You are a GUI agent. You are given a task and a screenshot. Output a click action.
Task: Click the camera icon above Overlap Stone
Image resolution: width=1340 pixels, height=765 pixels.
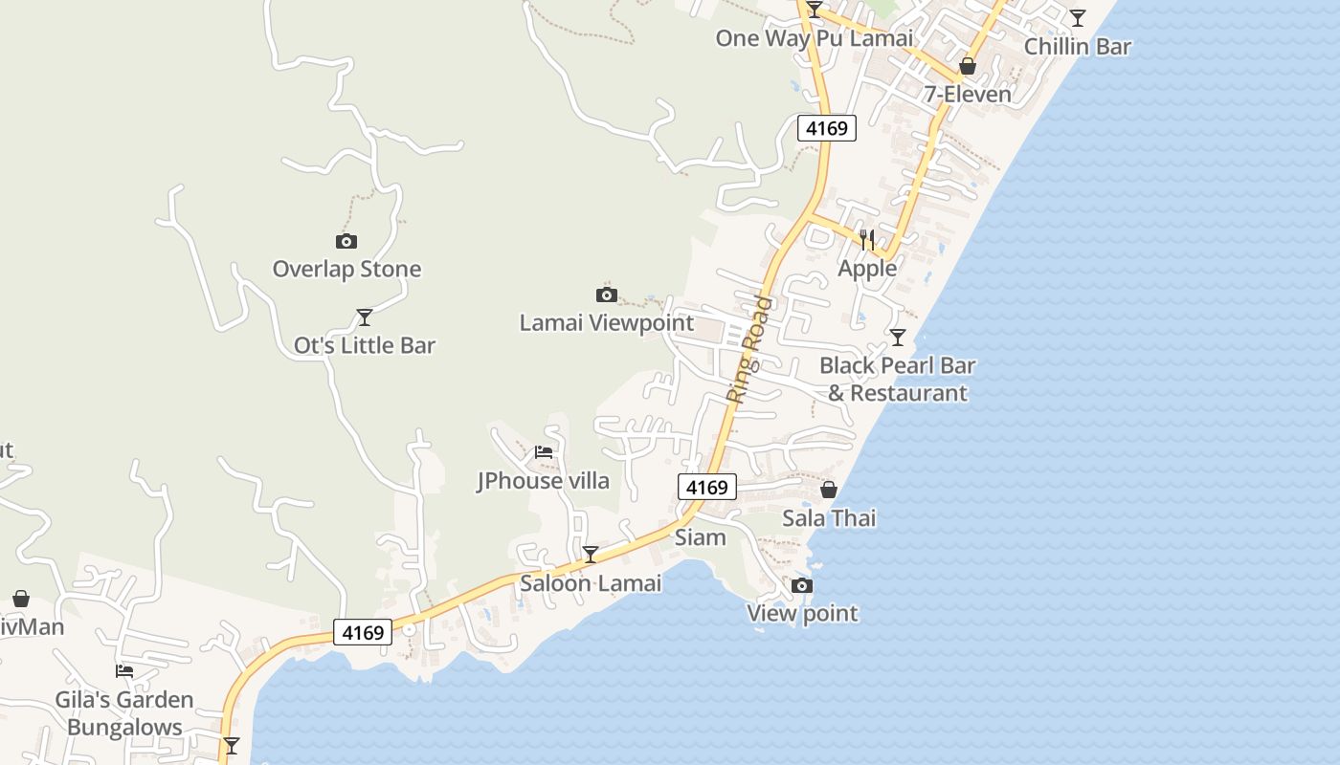tap(346, 241)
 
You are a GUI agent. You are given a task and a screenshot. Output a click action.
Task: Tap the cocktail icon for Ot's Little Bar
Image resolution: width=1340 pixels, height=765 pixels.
tap(364, 317)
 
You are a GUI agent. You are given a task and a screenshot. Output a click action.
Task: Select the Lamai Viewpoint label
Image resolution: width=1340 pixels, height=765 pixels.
tap(606, 322)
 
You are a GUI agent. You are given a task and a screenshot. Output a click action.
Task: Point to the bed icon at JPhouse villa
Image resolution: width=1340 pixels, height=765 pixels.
tap(544, 451)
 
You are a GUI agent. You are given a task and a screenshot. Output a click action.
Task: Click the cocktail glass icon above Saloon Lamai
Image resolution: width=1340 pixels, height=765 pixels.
tap(591, 554)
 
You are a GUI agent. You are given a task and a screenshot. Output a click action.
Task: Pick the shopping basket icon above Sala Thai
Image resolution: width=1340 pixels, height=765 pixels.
tap(829, 490)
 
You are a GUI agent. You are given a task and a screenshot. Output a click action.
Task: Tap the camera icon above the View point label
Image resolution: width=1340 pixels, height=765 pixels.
tap(802, 585)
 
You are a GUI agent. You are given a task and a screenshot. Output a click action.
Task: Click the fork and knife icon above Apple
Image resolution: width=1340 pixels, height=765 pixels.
tap(867, 239)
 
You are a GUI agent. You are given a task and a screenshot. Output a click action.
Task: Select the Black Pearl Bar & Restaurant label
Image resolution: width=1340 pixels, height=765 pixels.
tap(898, 379)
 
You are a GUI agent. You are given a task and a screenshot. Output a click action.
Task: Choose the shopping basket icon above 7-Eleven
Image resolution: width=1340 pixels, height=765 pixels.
tap(968, 66)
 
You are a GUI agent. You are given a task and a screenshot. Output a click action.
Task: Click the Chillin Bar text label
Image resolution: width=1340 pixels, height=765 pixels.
tap(1077, 46)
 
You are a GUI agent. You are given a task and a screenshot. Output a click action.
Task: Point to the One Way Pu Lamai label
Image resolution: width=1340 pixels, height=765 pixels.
tap(815, 38)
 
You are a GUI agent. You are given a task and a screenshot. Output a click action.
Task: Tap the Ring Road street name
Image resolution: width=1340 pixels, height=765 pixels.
tap(749, 348)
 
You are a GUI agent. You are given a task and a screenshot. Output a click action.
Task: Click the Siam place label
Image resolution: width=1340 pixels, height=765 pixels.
tap(701, 537)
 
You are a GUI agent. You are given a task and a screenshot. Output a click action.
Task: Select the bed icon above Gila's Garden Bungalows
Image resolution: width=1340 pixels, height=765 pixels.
tap(124, 670)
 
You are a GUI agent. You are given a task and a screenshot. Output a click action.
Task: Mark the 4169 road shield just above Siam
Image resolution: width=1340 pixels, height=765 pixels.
tap(708, 487)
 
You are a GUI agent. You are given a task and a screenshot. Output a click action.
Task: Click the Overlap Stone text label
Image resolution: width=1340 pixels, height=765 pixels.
tap(346, 269)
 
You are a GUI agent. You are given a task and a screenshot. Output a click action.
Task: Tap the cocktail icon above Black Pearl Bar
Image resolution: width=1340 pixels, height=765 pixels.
tap(897, 337)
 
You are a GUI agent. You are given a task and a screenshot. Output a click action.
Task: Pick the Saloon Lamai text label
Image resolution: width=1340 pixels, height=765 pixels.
tap(591, 582)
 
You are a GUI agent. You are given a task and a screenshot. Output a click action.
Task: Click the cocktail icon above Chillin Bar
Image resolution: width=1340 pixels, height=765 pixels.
tap(1078, 17)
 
